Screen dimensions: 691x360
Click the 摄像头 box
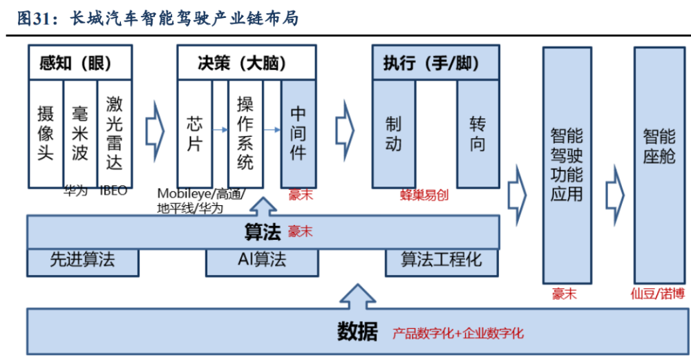pos(46,134)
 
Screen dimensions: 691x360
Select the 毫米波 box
pos(80,134)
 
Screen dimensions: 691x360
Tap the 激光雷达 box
pos(115,134)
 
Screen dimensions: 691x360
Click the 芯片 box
pos(195,134)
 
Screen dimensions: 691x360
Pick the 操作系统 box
pos(245,134)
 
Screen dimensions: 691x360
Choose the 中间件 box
pos(299,134)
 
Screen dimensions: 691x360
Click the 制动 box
pos(394,134)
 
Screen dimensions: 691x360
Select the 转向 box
pos(477,134)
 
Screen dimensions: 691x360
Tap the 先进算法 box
pos(83,262)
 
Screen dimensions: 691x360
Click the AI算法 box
pos(262,262)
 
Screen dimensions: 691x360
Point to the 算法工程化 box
pos(442,262)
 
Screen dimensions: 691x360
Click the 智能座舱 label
pos(659,146)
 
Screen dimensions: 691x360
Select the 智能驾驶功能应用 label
pos(567,164)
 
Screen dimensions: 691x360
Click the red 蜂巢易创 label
pos(424,196)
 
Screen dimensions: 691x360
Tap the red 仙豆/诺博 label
pos(658,294)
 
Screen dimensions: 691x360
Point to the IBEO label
pos(113,190)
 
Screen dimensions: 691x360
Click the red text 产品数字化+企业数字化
pos(458,333)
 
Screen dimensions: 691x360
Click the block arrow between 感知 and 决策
pos(155,131)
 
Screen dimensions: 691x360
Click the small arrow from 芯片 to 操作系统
pos(220,130)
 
